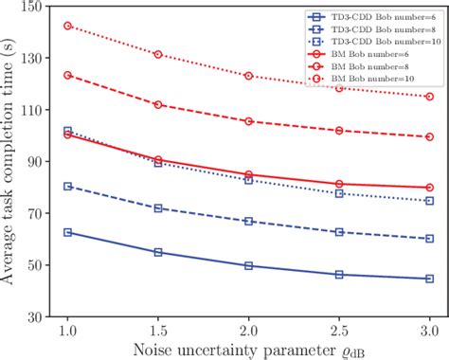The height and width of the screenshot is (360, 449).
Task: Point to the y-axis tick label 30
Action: pos(39,317)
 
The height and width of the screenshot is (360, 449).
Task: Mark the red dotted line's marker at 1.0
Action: pos(67,26)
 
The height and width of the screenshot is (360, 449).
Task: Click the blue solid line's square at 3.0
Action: pos(429,279)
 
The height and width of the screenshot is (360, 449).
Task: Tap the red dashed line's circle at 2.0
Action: pos(248,121)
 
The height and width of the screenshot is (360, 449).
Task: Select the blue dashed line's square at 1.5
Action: pos(157,207)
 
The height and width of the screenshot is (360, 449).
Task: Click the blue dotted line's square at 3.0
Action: pos(429,201)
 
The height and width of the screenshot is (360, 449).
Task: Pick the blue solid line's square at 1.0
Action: pos(67,232)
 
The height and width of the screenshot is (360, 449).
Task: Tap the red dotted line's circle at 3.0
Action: pos(429,97)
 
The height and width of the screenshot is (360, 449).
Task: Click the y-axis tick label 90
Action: pos(39,162)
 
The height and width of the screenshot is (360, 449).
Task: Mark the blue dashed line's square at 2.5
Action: pos(339,232)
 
